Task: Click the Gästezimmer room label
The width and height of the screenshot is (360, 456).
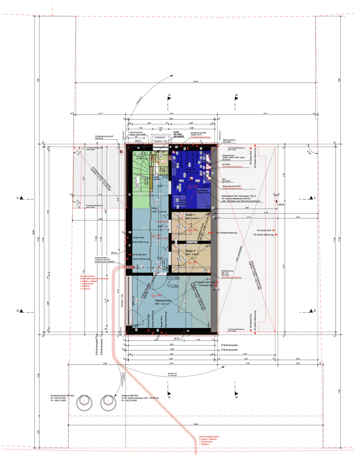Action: (163, 300)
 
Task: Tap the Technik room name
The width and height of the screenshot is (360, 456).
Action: (190, 169)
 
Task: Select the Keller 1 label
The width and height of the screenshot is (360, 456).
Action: (190, 215)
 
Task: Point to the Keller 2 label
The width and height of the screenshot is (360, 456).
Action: (190, 251)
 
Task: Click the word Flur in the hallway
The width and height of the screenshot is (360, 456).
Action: (155, 208)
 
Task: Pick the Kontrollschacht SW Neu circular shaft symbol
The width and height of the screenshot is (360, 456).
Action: (84, 403)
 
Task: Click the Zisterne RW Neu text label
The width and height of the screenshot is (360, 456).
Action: (130, 396)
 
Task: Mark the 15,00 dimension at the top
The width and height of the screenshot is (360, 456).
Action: (196, 81)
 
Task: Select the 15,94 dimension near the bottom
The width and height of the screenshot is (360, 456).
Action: (196, 424)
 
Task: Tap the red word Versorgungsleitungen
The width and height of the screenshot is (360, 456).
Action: (209, 437)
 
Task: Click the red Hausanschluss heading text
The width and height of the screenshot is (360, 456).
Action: (88, 276)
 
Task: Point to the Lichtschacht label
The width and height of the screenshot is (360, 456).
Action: (160, 137)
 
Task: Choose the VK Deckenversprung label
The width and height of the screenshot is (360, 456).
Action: (227, 233)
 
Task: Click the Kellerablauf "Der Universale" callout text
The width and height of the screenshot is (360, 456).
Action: (238, 196)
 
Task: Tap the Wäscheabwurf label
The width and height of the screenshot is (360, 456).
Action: (229, 140)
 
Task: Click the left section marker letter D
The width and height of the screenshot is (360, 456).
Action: (18, 311)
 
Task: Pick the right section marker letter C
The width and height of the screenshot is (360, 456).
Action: (314, 198)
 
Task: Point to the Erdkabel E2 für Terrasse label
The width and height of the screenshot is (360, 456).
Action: (172, 374)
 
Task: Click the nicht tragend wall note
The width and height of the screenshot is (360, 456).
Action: (192, 242)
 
